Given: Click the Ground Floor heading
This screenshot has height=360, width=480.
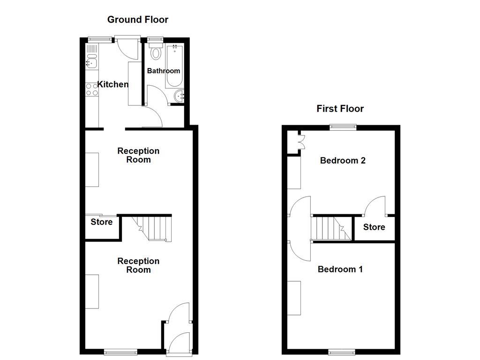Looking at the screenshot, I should (137, 20).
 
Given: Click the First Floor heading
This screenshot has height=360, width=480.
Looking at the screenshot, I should (340, 109).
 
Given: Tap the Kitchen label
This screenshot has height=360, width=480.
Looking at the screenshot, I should (112, 85).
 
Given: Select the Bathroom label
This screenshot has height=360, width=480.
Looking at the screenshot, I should (164, 71).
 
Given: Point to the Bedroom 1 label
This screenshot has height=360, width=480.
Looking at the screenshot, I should (340, 270).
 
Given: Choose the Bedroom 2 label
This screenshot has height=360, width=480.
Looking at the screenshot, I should (343, 160).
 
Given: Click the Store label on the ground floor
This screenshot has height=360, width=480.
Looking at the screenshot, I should (102, 222).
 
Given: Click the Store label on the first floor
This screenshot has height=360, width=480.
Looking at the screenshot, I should (374, 227).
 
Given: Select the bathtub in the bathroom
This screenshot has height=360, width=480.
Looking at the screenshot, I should (174, 66).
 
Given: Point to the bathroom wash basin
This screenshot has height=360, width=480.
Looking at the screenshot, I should (180, 97).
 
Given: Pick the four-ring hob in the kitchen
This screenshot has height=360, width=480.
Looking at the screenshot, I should (92, 90).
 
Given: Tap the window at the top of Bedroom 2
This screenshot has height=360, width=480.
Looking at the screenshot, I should (343, 126).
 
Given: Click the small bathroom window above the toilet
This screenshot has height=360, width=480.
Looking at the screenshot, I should (154, 40).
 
